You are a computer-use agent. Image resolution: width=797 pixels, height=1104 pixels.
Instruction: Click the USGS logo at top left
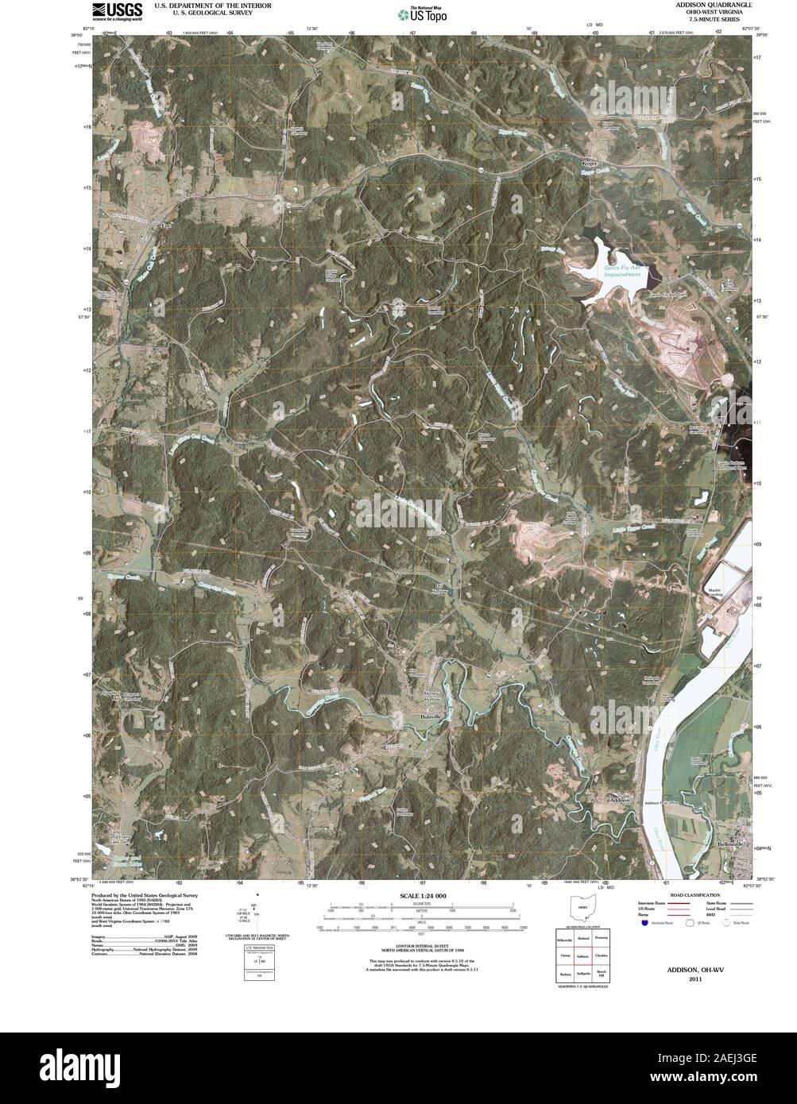[x=117, y=10]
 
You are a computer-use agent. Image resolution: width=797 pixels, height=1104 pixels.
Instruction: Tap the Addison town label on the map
[x=619, y=800]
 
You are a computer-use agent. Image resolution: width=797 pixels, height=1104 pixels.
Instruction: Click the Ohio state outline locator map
[x=582, y=909]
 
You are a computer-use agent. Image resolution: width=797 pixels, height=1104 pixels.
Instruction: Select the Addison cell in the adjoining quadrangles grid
[x=583, y=955]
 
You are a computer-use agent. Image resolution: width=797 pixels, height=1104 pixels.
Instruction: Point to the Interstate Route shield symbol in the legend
[x=644, y=923]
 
